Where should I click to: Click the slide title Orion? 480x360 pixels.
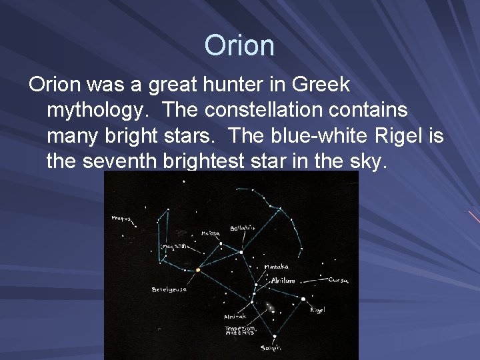pyautogui.click(x=239, y=45)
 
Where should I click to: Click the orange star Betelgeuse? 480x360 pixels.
pyautogui.click(x=198, y=270)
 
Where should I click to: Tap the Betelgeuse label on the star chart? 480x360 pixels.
pyautogui.click(x=169, y=289)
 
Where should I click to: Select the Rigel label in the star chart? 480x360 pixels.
pyautogui.click(x=317, y=309)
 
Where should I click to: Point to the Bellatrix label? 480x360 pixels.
pyautogui.click(x=242, y=229)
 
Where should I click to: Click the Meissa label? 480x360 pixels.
pyautogui.click(x=210, y=234)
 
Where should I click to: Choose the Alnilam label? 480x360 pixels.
pyautogui.click(x=283, y=281)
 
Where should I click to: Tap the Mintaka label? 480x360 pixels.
pyautogui.click(x=277, y=267)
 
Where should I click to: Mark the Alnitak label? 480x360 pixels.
pyautogui.click(x=235, y=316)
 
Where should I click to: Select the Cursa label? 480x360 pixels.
pyautogui.click(x=338, y=281)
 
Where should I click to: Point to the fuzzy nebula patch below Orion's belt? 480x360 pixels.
pyautogui.click(x=270, y=307)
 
